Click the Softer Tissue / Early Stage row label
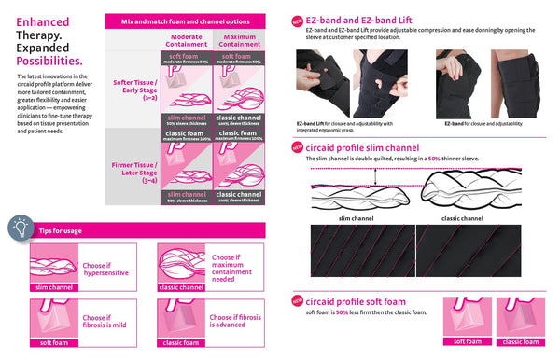pos(132,88)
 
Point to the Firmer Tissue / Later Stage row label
pos(132,162)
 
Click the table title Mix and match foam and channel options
pos(187,20)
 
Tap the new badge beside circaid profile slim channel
pos(296,147)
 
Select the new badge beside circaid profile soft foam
pos(296,300)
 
